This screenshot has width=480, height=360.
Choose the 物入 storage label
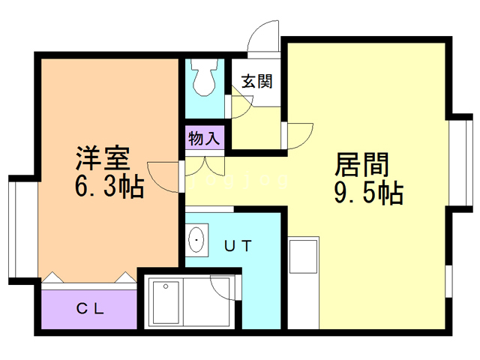[203, 139]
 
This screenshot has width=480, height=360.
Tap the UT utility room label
[238, 244]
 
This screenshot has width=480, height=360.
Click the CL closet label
[91, 308]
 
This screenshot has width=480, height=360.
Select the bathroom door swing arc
[223, 288]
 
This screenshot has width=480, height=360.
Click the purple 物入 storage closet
[204, 139]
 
